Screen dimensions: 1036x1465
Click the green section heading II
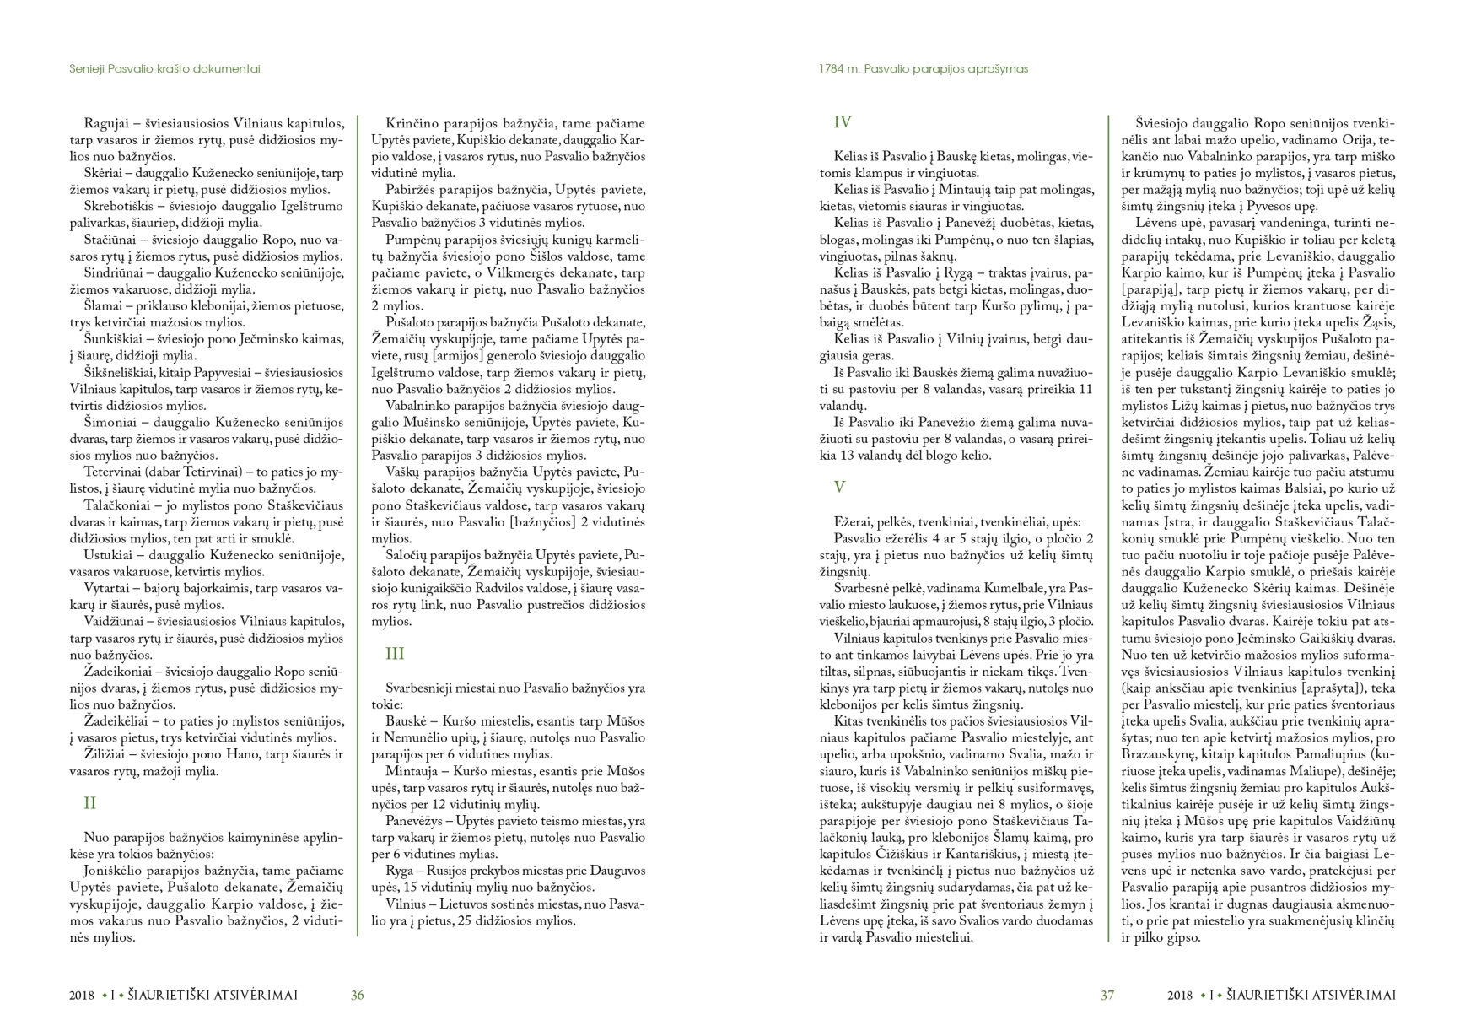pos(90,803)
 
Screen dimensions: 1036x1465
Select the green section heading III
pos(395,654)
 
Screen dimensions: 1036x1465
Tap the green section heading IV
pos(843,122)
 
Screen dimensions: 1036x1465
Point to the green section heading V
pos(839,488)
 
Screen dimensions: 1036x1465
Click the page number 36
pos(358,996)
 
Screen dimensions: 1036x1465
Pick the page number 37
pos(1107,996)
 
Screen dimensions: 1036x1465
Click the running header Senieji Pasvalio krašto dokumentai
pos(164,69)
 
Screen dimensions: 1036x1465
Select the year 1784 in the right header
pos(832,69)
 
